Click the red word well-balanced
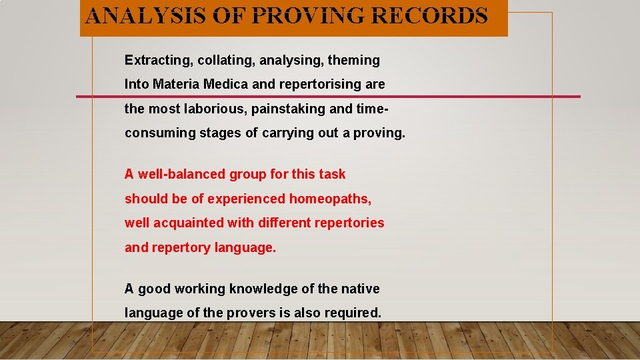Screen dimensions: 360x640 click(182, 174)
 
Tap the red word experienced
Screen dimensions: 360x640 click(246, 199)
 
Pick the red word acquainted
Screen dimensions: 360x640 click(188, 223)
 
